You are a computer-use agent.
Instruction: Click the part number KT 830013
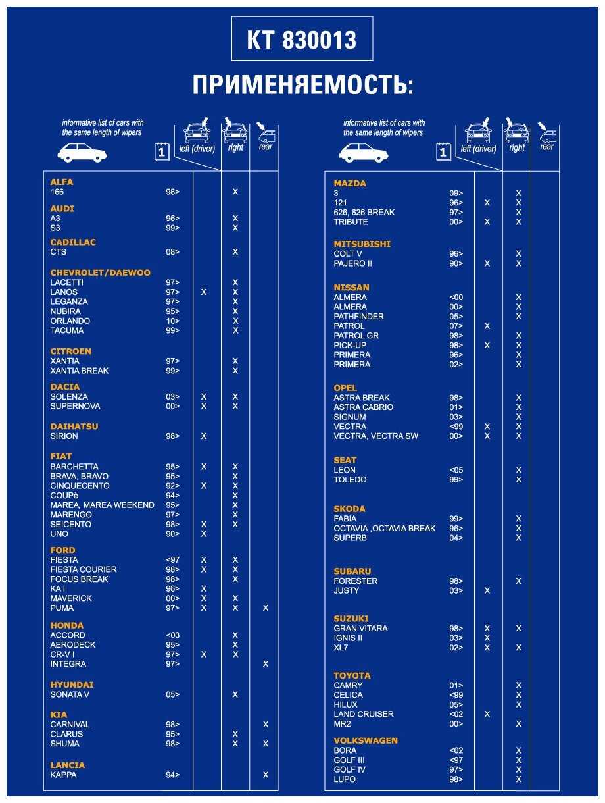point(302,40)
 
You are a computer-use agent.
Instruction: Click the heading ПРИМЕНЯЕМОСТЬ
point(302,86)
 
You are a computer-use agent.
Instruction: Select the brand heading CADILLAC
point(73,242)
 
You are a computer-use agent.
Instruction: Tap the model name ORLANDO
point(70,321)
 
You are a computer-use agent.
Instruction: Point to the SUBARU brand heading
point(352,571)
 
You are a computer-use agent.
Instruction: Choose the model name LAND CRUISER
point(364,714)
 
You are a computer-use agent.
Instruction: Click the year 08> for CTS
point(172,252)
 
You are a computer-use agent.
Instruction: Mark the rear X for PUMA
point(266,608)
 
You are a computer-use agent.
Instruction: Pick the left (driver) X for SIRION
point(204,436)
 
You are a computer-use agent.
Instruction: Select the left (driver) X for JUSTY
point(487,591)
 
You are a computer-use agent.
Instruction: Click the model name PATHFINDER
point(359,317)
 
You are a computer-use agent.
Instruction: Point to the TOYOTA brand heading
point(352,675)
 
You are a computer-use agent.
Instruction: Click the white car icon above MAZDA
point(363,153)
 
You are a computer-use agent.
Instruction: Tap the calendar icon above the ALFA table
point(162,152)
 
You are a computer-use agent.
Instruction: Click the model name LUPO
point(345,779)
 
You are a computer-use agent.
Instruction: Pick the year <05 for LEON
point(456,470)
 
